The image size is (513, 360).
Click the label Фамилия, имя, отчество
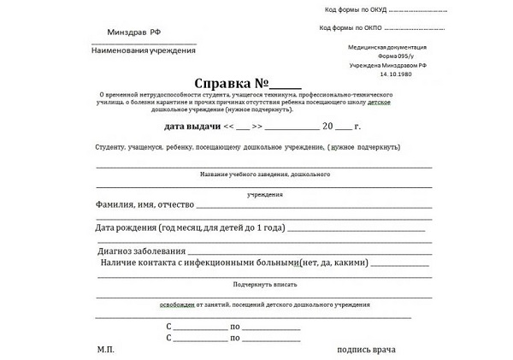coord(146,205)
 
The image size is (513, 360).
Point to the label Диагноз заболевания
coord(141,251)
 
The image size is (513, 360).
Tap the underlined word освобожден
coord(178,304)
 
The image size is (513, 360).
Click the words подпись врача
coord(367,350)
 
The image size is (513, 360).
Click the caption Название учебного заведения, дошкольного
coord(264,174)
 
